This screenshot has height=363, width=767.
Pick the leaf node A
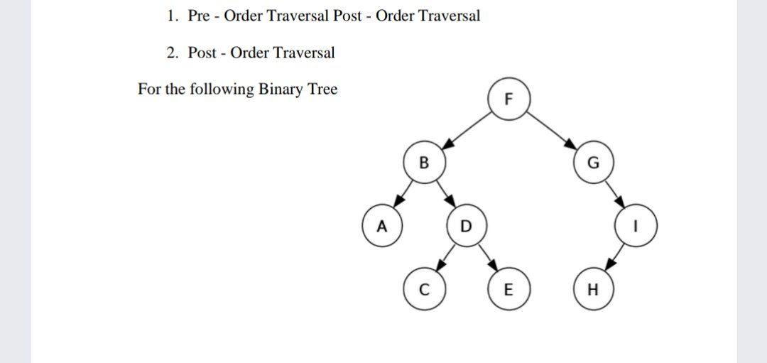381,227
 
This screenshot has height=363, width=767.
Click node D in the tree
465,227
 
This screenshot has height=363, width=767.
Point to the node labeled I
636,227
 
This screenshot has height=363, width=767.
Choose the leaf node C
424,289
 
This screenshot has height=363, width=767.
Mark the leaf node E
506,289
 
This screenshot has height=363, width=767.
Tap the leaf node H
594,289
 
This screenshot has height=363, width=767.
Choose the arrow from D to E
486,257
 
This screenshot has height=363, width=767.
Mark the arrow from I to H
615,257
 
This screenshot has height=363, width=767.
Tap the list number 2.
171,53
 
